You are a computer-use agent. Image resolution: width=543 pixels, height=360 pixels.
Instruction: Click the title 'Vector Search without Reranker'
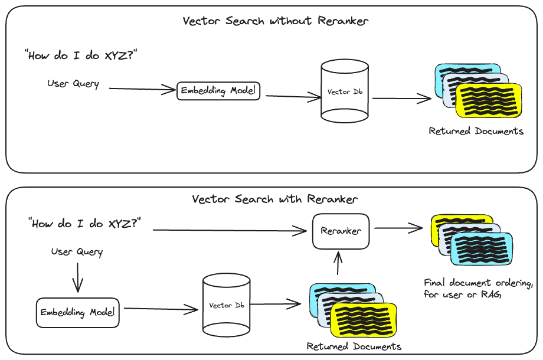coord(275,21)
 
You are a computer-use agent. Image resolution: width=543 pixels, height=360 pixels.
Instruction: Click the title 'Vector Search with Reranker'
coord(274,199)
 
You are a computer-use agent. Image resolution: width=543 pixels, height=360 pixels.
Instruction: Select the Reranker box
coord(341,231)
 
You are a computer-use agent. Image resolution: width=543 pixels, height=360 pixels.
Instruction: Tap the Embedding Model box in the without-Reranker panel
coord(218,91)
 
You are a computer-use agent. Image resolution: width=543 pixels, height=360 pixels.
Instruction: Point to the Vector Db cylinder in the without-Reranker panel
coord(345,92)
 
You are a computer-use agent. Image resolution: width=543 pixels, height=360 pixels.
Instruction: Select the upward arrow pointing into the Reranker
coord(338,263)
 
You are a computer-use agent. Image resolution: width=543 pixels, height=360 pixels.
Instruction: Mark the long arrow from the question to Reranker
coord(230,231)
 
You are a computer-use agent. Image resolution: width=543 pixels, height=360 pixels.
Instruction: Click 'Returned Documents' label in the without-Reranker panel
coord(476,131)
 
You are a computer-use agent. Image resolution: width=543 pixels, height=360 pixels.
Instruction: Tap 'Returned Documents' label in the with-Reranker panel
coord(354,346)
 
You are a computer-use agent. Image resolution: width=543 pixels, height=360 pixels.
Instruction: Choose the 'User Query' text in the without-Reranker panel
coord(73,84)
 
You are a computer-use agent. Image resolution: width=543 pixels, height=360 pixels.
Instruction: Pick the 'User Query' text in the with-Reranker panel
coord(77,252)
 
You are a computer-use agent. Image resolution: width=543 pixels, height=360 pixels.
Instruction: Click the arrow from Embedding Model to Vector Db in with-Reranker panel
coord(161,308)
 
